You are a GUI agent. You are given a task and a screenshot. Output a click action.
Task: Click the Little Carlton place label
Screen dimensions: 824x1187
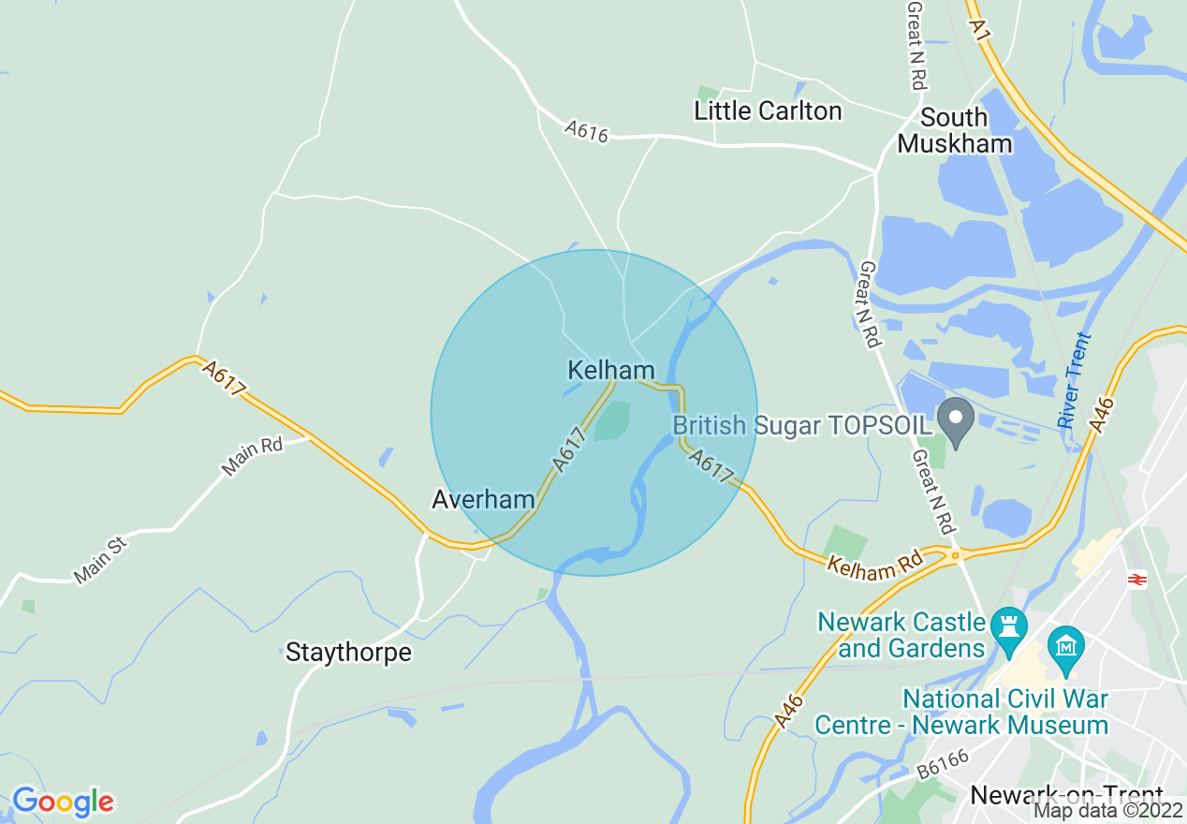[768, 110]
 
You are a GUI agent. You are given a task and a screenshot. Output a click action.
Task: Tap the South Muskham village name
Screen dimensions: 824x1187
[955, 130]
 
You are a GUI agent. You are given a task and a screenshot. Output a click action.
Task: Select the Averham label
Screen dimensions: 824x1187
[483, 499]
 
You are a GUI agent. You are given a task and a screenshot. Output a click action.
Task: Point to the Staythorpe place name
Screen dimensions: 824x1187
[348, 652]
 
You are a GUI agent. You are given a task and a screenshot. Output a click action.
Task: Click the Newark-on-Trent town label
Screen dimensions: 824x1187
[1067, 795]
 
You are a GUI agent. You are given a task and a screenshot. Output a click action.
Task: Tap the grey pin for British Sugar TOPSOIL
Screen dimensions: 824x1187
[956, 421]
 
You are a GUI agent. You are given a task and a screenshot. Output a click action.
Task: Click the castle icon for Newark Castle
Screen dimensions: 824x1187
[1008, 634]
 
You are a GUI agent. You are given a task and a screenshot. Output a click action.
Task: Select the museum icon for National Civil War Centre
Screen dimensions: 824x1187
[1066, 645]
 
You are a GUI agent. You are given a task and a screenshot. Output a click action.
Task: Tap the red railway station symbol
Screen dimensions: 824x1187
[1137, 580]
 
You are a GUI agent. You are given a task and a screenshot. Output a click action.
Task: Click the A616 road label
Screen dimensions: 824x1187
[587, 131]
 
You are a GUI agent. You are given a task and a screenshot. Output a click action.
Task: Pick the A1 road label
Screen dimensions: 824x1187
[980, 29]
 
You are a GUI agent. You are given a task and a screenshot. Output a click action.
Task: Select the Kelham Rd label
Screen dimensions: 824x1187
[874, 565]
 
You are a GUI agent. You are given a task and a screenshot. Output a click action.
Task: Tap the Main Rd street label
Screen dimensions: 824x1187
[252, 456]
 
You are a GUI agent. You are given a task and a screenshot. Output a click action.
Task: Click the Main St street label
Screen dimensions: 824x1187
[100, 560]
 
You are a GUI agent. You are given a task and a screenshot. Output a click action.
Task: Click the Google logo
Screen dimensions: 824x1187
[63, 802]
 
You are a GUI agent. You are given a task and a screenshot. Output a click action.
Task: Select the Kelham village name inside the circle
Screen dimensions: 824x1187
[610, 370]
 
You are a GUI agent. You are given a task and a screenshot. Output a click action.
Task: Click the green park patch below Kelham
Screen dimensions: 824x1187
[611, 420]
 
